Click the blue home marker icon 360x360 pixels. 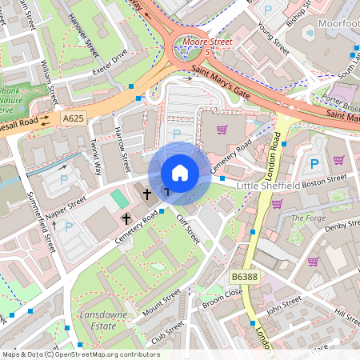tap(179, 173)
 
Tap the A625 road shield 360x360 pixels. tap(74, 118)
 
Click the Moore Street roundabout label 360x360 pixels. tap(206, 39)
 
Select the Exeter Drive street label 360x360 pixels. tap(109, 58)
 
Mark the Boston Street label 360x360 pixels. tap(325, 180)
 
